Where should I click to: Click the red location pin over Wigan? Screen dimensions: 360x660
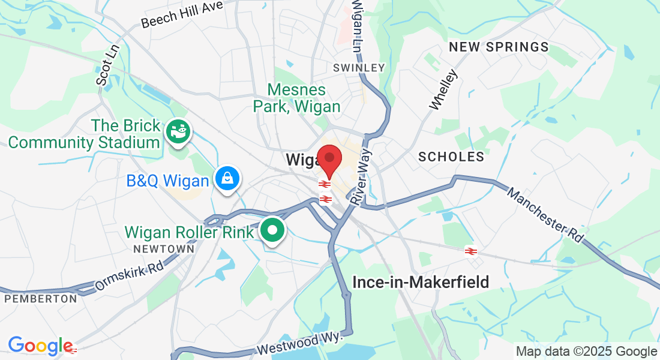pos(329,158)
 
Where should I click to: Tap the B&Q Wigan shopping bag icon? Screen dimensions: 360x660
pos(228,179)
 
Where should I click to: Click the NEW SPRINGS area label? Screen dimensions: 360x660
pos(499,47)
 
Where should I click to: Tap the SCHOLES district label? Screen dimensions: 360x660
pos(451,157)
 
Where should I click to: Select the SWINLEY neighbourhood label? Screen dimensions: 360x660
pos(359,68)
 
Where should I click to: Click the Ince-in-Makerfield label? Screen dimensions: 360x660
pos(421,281)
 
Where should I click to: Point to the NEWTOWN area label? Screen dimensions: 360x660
pos(164,248)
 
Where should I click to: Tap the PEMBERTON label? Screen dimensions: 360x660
pos(40,298)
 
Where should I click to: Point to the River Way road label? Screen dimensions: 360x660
pos(362,178)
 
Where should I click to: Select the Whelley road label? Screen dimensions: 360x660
pos(443,90)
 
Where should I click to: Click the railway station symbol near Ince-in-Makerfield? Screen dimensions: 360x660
pos(470,251)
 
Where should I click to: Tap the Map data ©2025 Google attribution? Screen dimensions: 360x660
pos(586,351)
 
